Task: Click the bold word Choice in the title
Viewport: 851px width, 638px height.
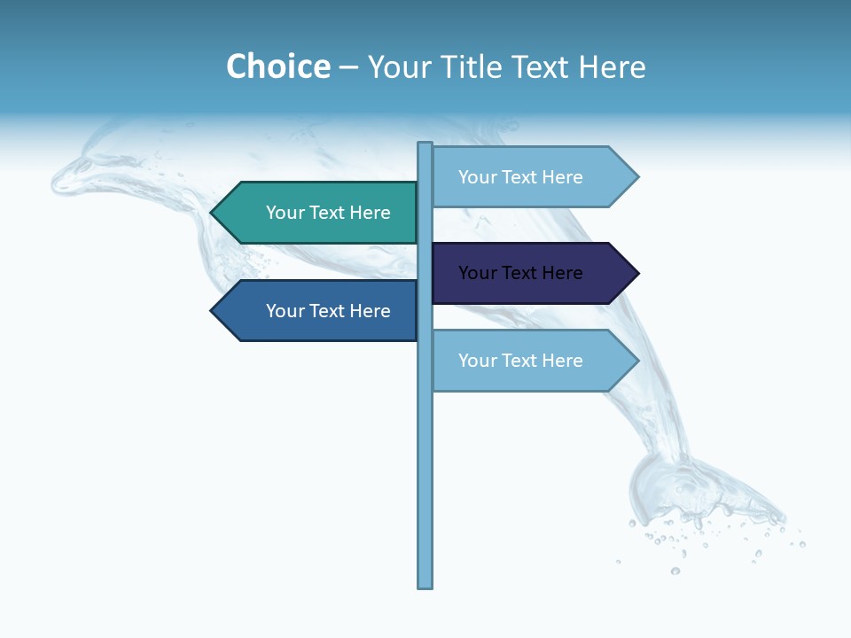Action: [277, 66]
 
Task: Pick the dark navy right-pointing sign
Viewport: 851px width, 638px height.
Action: [532, 273]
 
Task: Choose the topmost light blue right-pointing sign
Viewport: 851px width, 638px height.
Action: [532, 177]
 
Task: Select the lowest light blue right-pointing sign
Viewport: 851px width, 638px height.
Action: [532, 361]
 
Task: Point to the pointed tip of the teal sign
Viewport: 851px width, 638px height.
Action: [213, 213]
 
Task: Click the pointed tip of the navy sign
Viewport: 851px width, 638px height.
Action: [636, 273]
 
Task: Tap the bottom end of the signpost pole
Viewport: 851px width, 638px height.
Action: [425, 585]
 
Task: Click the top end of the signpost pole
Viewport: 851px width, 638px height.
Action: [425, 144]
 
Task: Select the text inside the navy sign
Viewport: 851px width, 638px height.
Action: [520, 273]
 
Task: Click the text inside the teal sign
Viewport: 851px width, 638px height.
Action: [328, 213]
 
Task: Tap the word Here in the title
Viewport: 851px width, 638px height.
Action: [612, 66]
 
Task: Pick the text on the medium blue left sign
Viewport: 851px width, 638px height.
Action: [328, 311]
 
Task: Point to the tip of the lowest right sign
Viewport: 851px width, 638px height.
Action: [636, 361]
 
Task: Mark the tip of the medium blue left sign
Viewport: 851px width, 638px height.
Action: [213, 311]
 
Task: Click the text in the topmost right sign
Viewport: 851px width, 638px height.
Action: [520, 177]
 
